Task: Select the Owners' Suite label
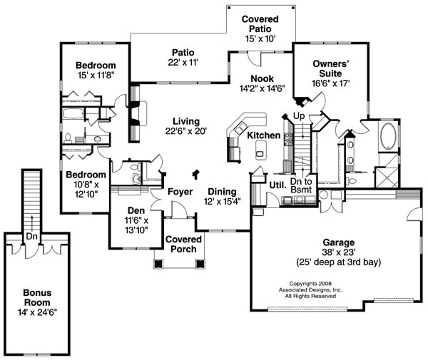point(330,68)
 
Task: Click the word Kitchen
point(263,135)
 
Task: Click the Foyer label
point(181,191)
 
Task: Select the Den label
point(136,210)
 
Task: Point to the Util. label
point(277,184)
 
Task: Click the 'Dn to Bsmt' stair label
point(305,185)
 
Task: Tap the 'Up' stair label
point(299,115)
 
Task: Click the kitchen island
point(260,150)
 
